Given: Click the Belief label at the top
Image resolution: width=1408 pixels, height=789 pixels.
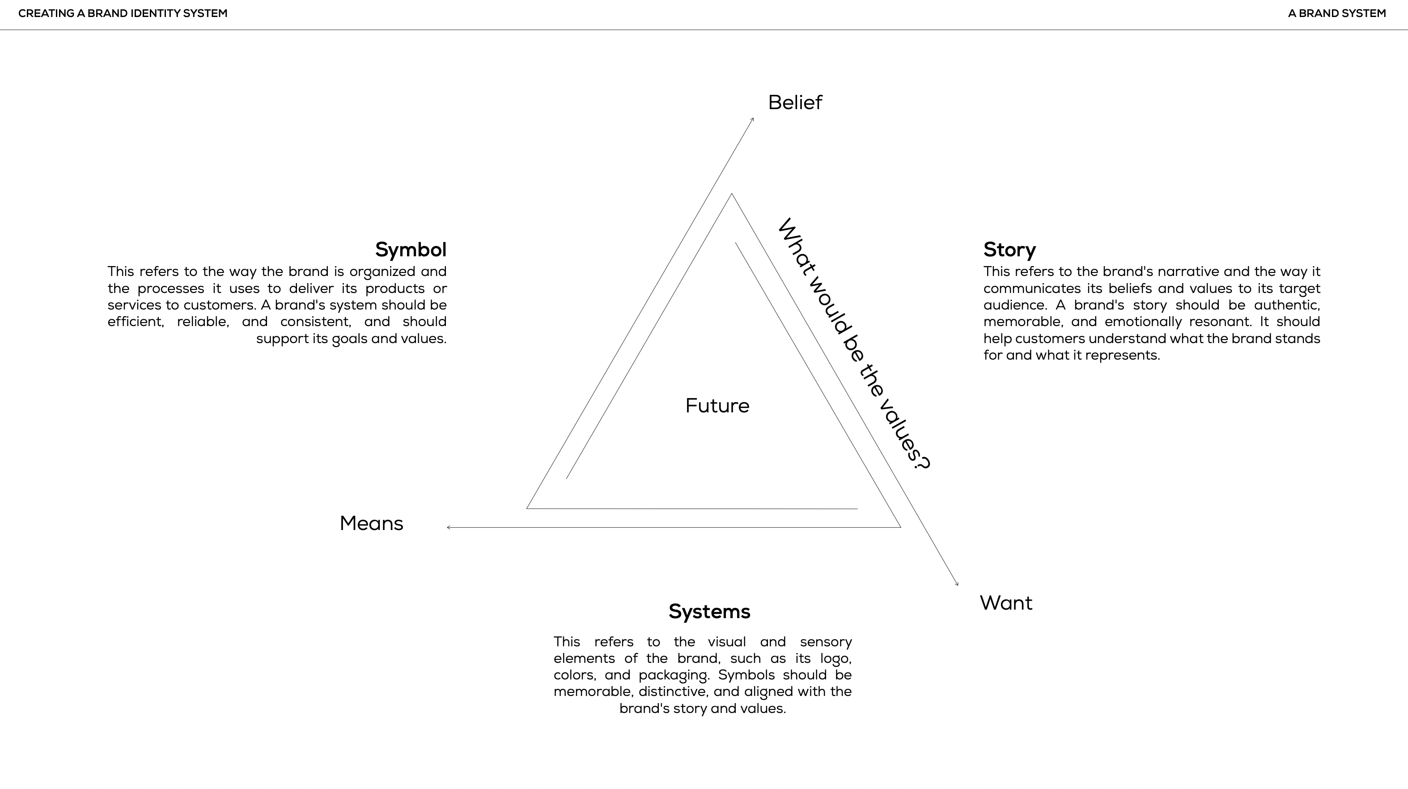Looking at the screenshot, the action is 795,103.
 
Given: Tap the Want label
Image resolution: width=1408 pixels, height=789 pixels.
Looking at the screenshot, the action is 1006,603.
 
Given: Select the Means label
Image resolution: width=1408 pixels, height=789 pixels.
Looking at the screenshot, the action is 371,524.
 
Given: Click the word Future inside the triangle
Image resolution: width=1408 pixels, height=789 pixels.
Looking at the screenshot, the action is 717,406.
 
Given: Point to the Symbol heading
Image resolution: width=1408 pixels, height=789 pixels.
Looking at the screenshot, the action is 411,250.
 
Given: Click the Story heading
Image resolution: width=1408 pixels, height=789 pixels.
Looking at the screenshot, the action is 1009,250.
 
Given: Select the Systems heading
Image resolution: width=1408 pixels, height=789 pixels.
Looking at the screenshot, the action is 709,611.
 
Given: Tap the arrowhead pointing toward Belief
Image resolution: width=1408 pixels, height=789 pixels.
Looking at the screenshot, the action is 753,119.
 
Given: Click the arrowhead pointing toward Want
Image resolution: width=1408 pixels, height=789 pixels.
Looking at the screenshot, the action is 957,584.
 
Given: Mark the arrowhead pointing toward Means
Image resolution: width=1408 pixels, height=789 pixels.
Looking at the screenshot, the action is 448,528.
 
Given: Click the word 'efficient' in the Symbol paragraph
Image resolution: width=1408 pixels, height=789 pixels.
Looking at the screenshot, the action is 136,322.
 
